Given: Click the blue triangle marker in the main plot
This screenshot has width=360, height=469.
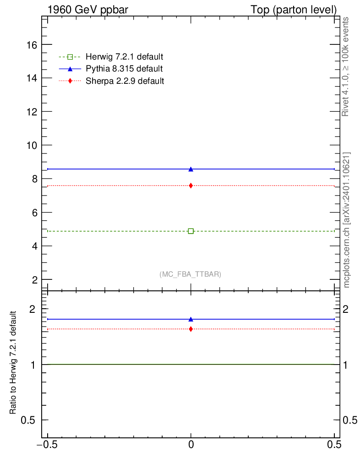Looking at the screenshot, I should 191,169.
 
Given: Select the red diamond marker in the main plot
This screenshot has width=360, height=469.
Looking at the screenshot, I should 191,185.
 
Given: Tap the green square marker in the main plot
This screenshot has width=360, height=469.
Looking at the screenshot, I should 191,231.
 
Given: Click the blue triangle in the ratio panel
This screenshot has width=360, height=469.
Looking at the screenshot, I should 191,319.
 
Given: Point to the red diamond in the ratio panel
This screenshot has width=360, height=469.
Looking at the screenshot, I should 191,329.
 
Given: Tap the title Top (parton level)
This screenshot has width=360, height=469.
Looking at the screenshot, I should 294,10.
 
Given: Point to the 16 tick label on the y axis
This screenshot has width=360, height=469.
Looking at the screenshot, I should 32,45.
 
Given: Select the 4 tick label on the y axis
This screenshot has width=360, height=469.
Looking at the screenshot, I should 34,246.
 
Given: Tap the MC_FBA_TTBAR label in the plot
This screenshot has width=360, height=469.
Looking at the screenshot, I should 191,274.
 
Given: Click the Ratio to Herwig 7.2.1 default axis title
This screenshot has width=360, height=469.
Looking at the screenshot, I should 14,363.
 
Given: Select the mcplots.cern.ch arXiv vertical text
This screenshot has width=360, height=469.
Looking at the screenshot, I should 347,220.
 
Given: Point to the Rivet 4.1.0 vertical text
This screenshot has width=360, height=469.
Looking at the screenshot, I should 346,66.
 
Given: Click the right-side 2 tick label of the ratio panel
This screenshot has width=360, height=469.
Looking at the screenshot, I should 349,309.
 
